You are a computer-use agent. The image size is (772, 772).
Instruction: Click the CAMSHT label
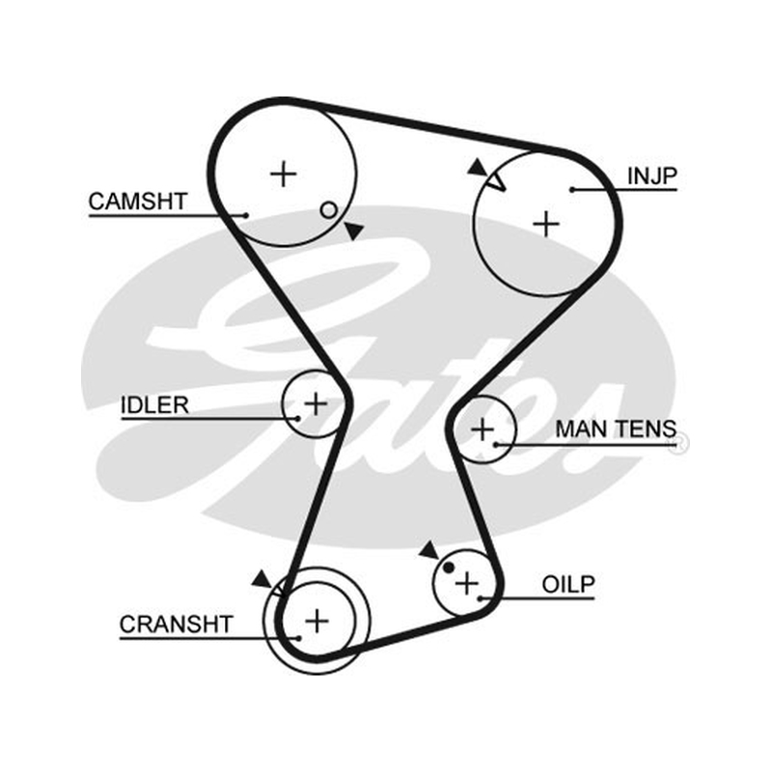click(138, 202)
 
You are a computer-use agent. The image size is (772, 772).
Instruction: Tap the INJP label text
click(652, 176)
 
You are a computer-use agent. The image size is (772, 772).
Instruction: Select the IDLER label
click(154, 405)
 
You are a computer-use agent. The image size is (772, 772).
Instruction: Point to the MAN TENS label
click(616, 428)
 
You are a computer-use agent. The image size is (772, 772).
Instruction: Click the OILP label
click(568, 585)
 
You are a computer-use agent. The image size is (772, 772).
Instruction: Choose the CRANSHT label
click(176, 624)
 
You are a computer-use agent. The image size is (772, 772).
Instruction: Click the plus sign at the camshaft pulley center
click(284, 174)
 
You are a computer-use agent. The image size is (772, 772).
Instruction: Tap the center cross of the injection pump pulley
click(546, 225)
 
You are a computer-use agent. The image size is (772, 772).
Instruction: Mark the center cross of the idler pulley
click(316, 404)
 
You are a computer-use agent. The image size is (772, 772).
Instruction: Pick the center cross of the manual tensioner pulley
click(482, 429)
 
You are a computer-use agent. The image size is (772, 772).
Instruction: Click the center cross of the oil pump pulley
click(467, 584)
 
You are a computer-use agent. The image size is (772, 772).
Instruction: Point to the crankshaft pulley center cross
click(317, 620)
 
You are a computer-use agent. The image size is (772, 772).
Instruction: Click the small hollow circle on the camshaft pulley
click(328, 210)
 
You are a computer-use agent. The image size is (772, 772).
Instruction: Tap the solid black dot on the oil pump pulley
click(448, 567)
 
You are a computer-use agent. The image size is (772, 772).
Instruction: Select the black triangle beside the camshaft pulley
click(354, 231)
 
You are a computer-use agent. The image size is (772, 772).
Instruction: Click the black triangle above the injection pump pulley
click(477, 167)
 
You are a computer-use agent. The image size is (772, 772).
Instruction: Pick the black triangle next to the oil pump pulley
click(428, 550)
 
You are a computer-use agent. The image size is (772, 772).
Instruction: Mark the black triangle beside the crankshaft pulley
click(262, 579)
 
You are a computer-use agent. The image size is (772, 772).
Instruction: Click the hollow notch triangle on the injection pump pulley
click(496, 181)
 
